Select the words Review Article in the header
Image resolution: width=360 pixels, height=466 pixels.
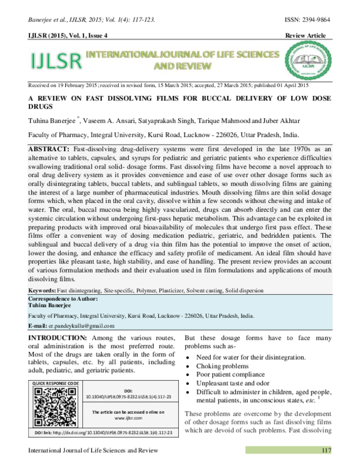click(306, 36)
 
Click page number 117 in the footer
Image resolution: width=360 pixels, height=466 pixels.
click(326, 450)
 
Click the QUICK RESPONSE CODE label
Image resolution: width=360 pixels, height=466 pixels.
click(56, 383)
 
